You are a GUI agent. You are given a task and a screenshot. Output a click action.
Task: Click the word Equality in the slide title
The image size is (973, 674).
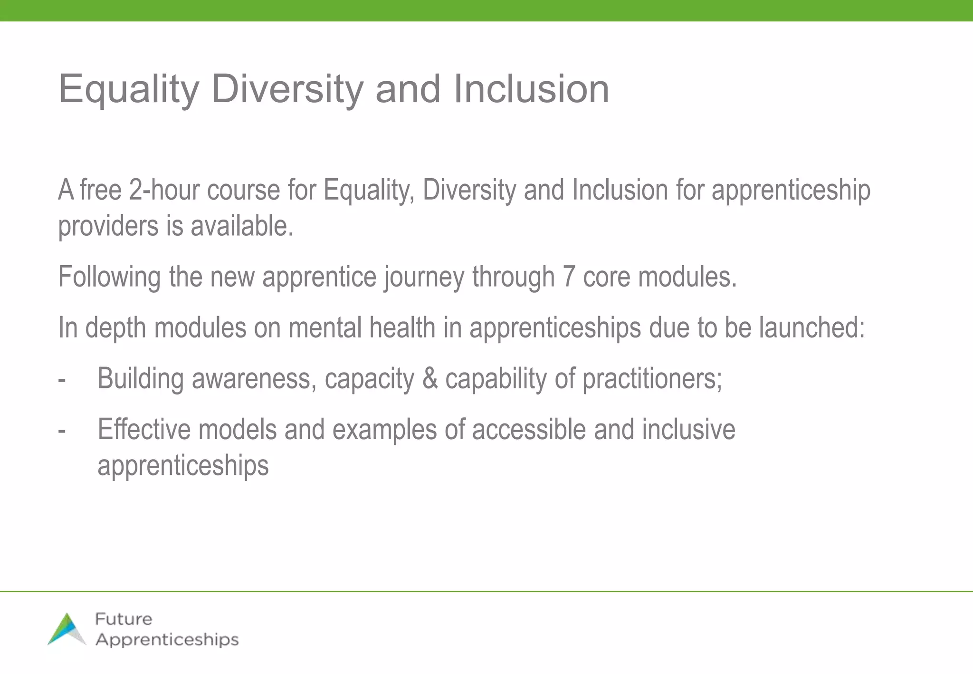[129, 89]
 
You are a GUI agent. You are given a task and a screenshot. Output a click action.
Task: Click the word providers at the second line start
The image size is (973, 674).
[108, 226]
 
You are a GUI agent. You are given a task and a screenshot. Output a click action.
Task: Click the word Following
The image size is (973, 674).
[109, 277]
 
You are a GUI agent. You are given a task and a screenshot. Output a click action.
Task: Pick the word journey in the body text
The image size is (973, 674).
[424, 278]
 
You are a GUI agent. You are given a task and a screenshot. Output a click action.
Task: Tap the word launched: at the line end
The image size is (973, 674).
[811, 327]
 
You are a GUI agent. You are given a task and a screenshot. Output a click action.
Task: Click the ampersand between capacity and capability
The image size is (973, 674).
[429, 379]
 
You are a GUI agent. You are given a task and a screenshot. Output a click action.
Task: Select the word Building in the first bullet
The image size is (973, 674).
[141, 379]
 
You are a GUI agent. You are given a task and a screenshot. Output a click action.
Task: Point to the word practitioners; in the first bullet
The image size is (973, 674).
[652, 379]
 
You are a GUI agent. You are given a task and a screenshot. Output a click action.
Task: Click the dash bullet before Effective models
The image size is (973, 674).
[62, 431]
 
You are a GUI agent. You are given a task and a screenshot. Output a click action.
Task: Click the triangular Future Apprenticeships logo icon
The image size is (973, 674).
[67, 629]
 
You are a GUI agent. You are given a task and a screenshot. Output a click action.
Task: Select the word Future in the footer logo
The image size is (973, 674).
[124, 619]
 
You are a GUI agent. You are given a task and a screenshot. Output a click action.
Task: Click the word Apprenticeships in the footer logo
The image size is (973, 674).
[167, 640]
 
